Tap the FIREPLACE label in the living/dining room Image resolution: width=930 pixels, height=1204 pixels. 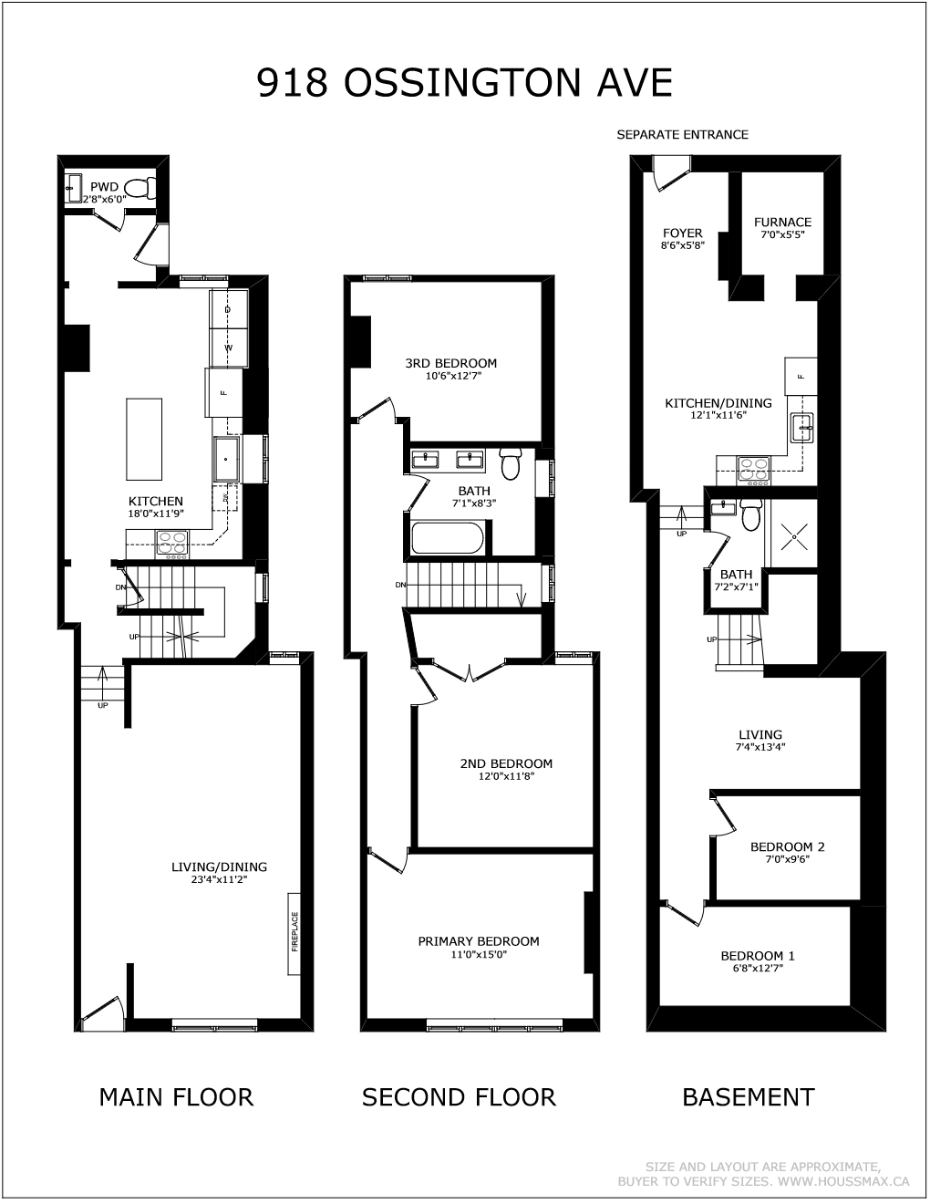pos(294,931)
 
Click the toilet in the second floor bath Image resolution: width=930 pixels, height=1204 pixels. pos(510,463)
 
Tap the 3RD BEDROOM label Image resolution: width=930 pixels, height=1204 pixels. pos(450,363)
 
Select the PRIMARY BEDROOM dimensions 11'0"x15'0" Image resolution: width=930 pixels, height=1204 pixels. pos(479,955)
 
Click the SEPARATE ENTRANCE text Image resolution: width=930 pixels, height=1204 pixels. pos(682,134)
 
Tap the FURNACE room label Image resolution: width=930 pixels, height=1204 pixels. pos(782,222)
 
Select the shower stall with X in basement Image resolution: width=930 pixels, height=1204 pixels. pos(794,535)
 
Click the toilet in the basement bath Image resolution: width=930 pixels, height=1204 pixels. pos(750,516)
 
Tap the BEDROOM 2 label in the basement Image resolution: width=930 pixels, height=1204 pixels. pos(787,846)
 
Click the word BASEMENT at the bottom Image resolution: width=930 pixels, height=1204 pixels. pos(748,1096)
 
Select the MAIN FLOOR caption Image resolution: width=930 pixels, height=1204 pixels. pos(176,1096)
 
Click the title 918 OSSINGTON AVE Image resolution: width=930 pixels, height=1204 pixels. pos(465,83)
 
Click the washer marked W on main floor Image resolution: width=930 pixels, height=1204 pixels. pos(229,348)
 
